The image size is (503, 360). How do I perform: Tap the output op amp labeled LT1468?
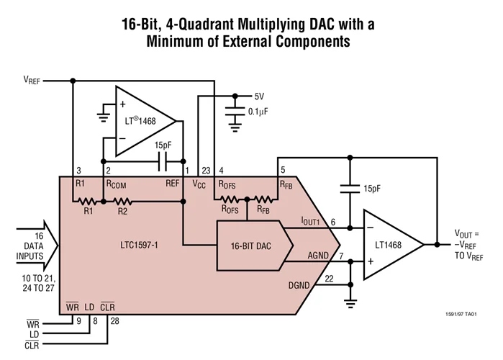[392, 245]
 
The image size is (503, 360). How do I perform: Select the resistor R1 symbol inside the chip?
[88, 201]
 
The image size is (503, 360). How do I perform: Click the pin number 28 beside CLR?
[114, 320]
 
